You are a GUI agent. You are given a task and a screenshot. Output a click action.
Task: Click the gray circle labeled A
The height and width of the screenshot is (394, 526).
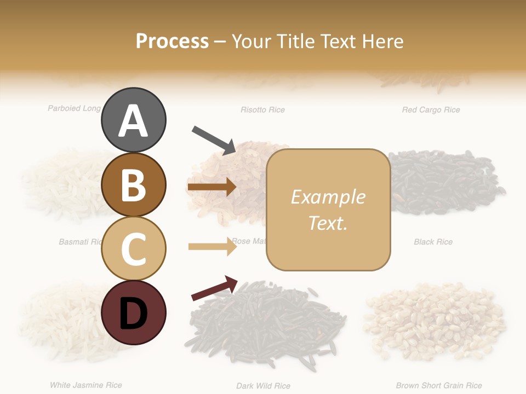pos(133,120)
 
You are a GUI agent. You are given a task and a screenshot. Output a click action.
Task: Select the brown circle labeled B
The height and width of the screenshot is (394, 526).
pos(133,184)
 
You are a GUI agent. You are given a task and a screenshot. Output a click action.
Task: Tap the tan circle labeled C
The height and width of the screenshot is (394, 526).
pos(133,248)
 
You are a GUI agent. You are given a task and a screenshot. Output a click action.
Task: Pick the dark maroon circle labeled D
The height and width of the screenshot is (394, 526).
pos(133,312)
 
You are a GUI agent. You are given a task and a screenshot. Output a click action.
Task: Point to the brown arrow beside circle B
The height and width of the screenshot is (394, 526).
pos(211,187)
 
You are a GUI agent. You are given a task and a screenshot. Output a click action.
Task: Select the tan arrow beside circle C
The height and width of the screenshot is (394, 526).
pos(212,246)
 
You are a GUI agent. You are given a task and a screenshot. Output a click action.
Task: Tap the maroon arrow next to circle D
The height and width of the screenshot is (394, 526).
pos(214,288)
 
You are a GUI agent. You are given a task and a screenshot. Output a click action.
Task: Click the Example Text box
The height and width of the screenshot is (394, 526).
pos(328,210)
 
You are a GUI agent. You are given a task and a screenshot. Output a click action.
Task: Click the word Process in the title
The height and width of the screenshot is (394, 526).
pos(172,41)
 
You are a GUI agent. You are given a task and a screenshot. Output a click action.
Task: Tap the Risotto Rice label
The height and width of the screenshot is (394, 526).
pos(262,110)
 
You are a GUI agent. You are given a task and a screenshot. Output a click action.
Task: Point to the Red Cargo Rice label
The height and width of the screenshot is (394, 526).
pos(431,110)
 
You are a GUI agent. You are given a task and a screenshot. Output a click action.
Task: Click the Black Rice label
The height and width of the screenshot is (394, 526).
pos(433,242)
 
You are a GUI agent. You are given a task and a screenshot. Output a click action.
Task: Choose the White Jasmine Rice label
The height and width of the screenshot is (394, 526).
pos(86,385)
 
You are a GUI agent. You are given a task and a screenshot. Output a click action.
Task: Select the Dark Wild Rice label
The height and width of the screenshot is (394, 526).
pos(263,386)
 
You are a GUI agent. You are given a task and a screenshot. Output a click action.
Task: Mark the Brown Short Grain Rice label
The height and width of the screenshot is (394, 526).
pos(439,386)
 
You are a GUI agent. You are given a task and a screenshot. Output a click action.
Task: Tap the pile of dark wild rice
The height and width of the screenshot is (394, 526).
pos(268,328)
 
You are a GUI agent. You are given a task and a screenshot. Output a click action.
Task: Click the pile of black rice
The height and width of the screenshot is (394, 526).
pos(447,183)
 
